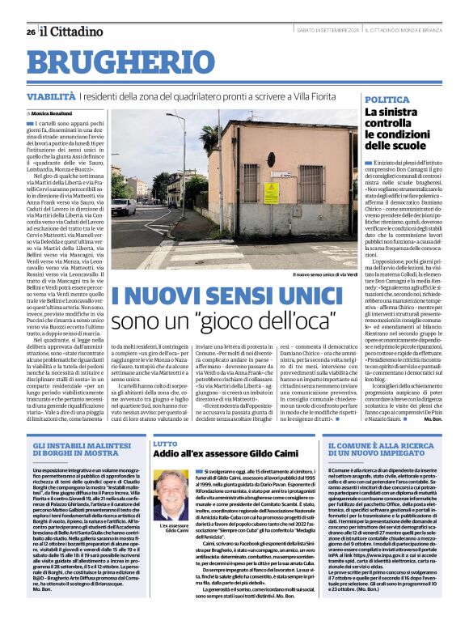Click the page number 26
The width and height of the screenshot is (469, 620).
31,32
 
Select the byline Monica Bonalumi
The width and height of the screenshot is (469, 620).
52,114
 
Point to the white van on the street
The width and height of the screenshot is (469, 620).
123,207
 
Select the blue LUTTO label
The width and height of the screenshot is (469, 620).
165,444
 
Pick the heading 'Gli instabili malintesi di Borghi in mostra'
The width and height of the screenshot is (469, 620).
81,451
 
